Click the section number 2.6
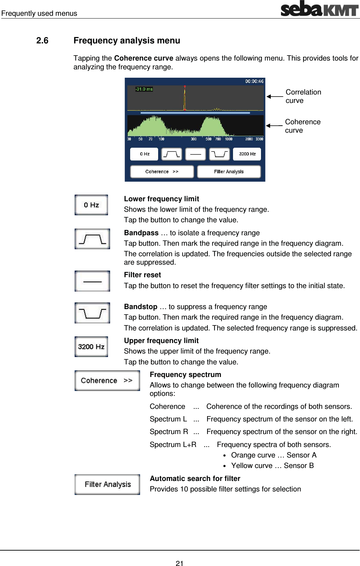42,41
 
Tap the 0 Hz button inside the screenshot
144,154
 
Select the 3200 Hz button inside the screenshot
247,154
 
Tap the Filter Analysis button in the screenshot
229,172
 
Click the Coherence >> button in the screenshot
162,172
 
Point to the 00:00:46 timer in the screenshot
254,81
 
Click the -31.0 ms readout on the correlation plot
144,89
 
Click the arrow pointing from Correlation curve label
275,96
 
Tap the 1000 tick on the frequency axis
228,139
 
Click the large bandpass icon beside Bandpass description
92,239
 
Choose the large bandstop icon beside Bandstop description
92,313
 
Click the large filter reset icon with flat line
92,281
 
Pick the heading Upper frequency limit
161,341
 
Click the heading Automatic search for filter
195,478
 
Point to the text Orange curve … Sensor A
274,455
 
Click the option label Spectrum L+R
173,445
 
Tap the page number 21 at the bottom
179,563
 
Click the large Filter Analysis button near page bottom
107,484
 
